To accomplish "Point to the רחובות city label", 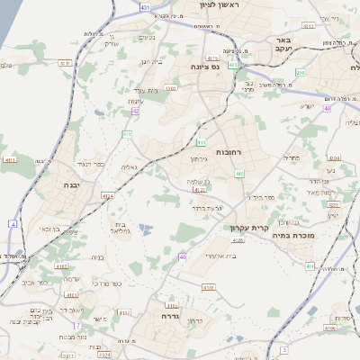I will pyautogui.click(x=230, y=152).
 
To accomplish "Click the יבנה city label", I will pyautogui.click(x=70, y=184).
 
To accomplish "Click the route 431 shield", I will pyautogui.click(x=147, y=7).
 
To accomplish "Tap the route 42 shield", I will pyautogui.click(x=135, y=111).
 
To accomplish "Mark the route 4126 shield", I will pyautogui.click(x=238, y=239).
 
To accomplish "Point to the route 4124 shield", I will pyautogui.click(x=108, y=194).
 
